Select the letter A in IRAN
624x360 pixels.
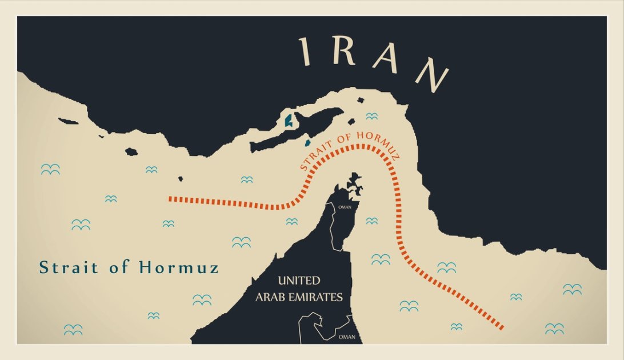coord(385,59)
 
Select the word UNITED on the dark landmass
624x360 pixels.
coord(299,281)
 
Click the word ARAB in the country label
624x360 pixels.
coord(274,297)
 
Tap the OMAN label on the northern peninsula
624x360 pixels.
coord(345,207)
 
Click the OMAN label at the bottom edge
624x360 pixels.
coord(347,337)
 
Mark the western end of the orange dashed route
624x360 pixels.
coord(170,199)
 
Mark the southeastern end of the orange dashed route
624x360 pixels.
coord(501,327)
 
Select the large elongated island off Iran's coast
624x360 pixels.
coord(297,129)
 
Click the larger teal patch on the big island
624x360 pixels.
coord(289,121)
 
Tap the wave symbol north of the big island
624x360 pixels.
coord(372,116)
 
